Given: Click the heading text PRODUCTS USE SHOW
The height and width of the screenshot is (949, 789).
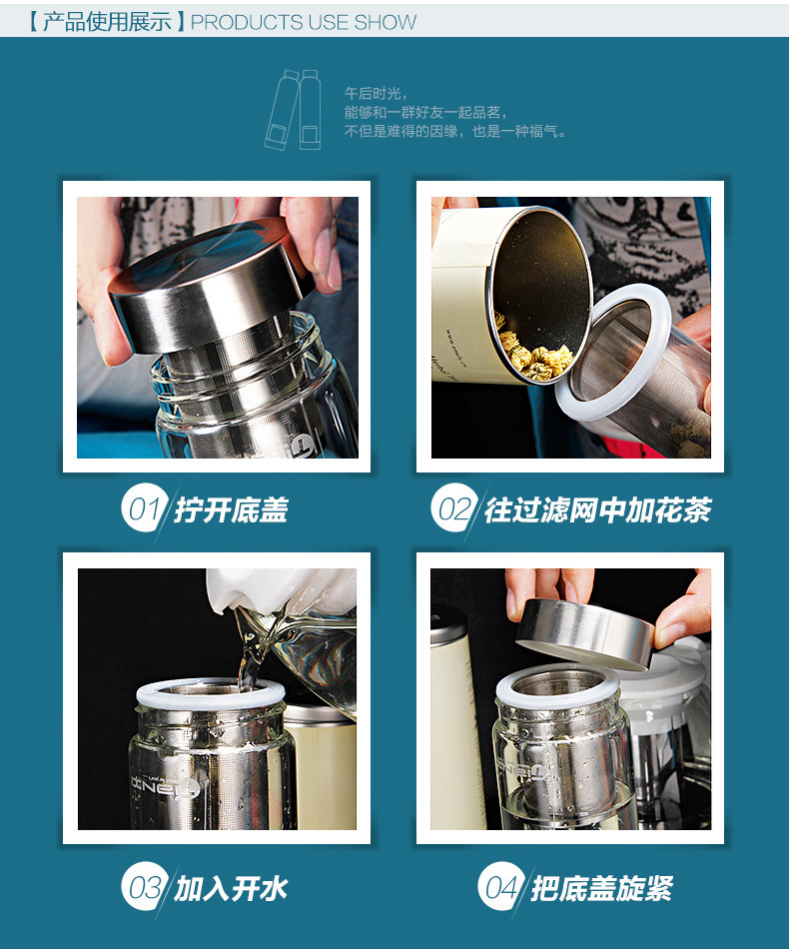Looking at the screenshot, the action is (304, 22).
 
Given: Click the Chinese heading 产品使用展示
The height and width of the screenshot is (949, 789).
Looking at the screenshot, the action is (107, 22).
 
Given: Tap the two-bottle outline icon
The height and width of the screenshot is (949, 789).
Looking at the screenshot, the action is (294, 110).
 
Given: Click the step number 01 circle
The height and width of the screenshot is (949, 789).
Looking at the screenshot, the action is (144, 507).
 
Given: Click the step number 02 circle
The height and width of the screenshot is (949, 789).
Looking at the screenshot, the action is (454, 507).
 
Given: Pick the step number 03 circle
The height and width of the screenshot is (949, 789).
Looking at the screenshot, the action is (144, 886).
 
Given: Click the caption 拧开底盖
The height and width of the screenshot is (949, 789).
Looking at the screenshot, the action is (231, 509).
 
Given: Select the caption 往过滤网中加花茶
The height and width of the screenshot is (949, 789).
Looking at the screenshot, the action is (598, 509).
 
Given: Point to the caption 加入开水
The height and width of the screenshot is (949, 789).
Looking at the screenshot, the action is (231, 888).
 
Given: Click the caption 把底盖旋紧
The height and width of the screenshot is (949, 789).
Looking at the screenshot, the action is (602, 888).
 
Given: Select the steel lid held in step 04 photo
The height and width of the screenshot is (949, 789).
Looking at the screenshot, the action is (584, 633).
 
